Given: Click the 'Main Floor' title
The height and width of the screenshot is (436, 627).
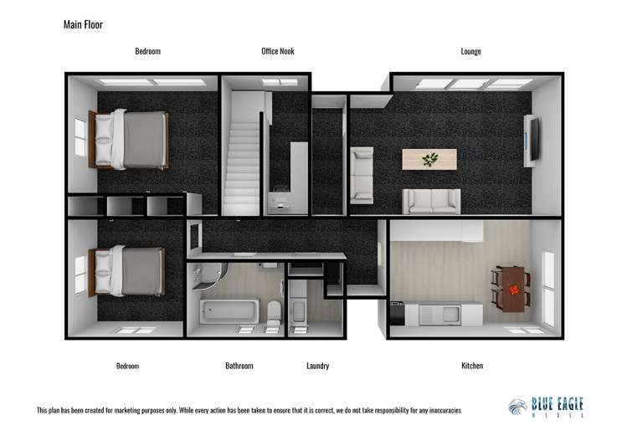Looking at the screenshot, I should click(83, 24).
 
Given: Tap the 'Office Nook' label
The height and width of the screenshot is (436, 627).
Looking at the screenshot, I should click(278, 52).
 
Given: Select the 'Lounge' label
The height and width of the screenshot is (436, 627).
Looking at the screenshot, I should click(470, 52).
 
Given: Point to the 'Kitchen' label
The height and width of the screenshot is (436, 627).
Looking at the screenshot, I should click(472, 366).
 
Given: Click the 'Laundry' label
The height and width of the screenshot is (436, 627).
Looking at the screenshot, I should click(317, 366).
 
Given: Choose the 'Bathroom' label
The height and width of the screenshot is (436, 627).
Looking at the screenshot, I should click(239, 366).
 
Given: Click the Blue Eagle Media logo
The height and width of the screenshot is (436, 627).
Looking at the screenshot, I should click(546, 407).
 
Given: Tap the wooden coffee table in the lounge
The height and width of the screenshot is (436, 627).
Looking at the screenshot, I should click(429, 159).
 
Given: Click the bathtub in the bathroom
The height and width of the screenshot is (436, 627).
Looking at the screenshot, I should click(229, 312).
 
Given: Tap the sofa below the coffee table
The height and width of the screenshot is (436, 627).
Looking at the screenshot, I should click(431, 202).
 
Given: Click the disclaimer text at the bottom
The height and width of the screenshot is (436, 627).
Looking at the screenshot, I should click(249, 411).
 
